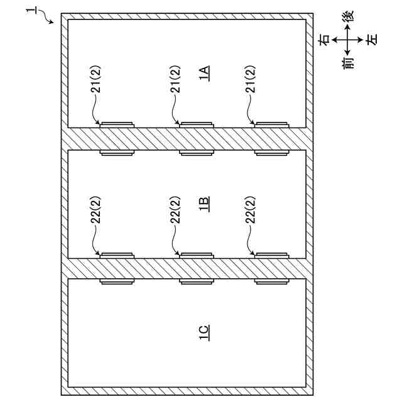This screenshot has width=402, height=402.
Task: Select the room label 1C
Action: tap(204, 332)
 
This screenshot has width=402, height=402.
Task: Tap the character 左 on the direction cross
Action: tap(371, 40)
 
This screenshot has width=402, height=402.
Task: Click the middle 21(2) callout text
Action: tap(175, 79)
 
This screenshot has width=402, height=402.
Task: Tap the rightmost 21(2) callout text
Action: tap(250, 79)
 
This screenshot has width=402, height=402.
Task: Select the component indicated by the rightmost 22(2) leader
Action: tap(271, 255)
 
